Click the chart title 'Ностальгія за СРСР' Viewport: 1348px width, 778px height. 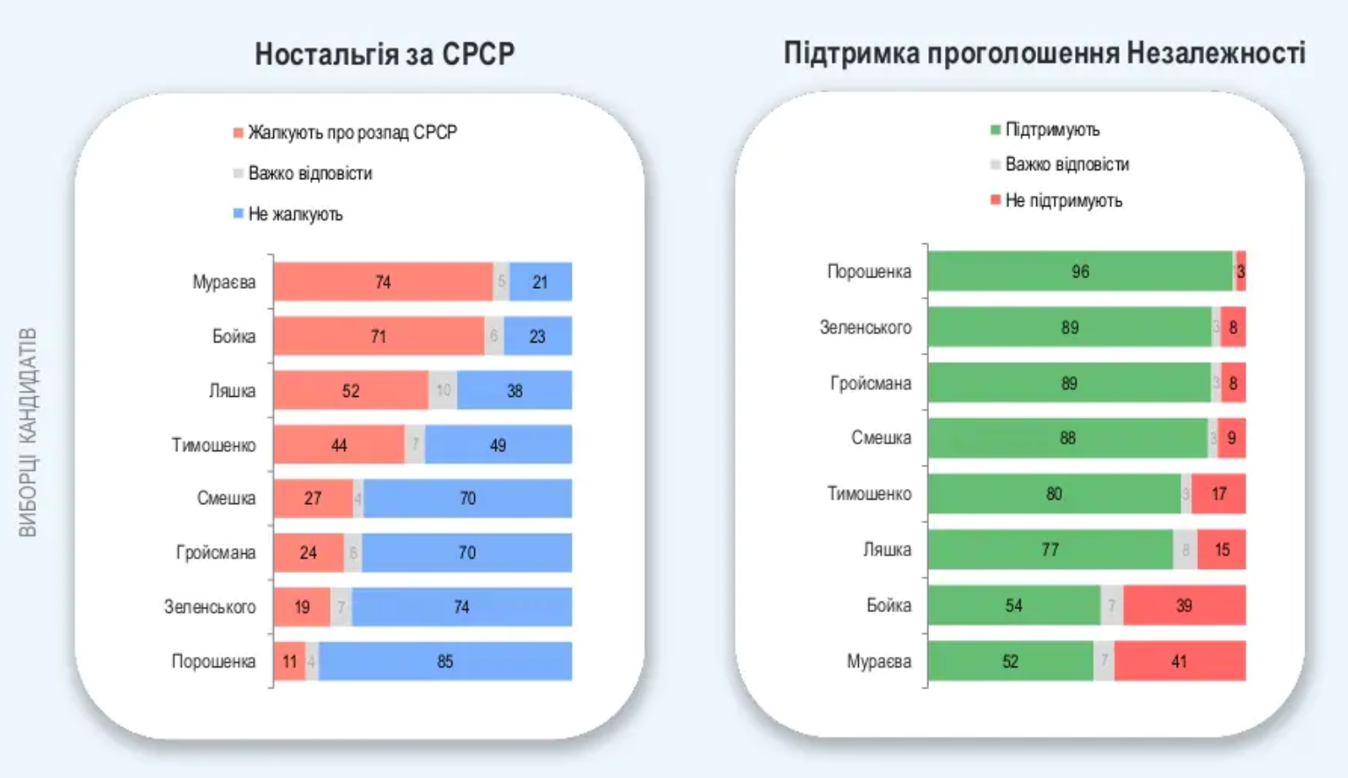tap(385, 54)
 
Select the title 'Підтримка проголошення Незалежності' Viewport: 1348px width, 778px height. tap(1044, 54)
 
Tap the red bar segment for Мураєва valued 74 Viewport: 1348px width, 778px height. tap(383, 282)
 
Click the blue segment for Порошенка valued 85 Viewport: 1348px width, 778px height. tap(445, 661)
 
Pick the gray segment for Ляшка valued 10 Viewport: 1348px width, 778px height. tap(443, 391)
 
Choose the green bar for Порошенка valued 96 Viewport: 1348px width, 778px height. tap(1080, 271)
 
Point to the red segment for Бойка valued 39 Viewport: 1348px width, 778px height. tap(1184, 605)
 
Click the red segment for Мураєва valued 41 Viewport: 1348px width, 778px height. tap(1179, 661)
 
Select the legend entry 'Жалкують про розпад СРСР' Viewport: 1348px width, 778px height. tap(352, 133)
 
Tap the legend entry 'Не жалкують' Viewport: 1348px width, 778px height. tap(295, 214)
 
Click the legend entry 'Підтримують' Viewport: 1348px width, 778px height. tap(1052, 130)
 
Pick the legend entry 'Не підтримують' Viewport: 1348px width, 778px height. tap(1063, 200)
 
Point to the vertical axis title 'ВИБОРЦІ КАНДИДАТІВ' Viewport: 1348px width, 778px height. tap(28, 432)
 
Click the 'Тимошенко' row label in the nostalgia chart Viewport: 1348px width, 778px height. tap(213, 445)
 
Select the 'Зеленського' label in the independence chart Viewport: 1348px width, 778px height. tap(865, 328)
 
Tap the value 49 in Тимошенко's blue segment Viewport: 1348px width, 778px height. tap(498, 445)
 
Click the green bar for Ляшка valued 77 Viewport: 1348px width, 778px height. tap(1050, 550)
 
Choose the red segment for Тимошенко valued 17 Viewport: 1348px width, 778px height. tap(1219, 493)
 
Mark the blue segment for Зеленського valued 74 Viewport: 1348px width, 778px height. tap(462, 607)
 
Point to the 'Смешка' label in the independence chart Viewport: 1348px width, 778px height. tap(881, 438)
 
